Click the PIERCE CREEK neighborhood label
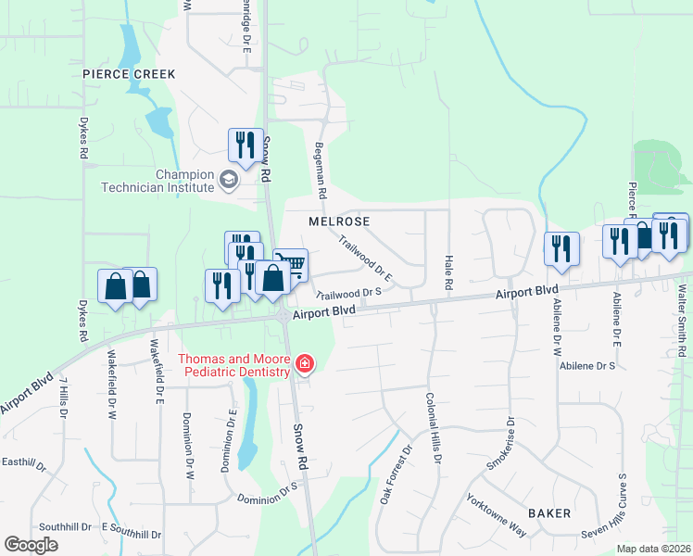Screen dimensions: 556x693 click(129, 73)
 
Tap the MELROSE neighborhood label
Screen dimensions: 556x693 click(339, 222)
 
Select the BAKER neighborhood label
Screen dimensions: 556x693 click(549, 512)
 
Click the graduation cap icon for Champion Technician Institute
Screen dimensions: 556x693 click(227, 178)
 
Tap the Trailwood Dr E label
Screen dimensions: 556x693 click(366, 259)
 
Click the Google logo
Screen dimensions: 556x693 click(31, 545)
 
